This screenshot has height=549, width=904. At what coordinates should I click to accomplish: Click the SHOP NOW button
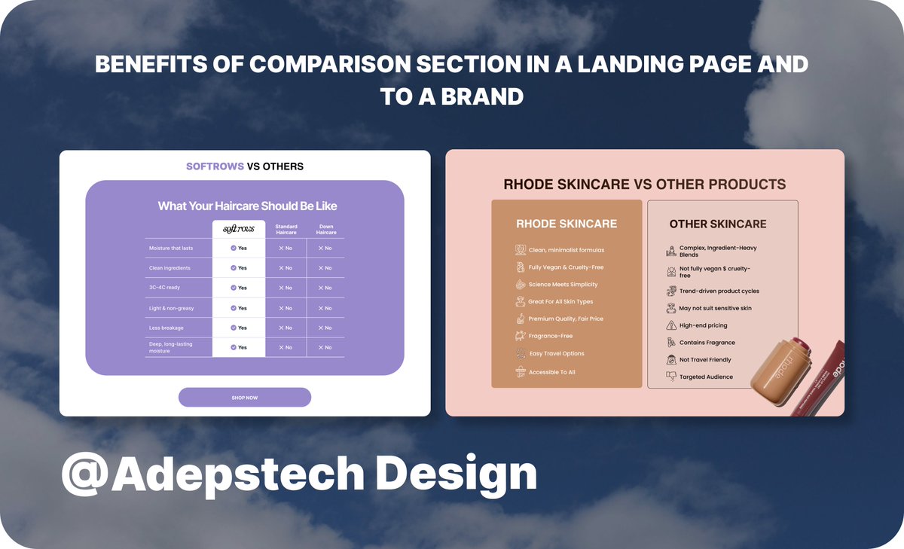[244, 397]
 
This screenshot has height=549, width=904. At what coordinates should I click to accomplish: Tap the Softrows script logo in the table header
[238, 229]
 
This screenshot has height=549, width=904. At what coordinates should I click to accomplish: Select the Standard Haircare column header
[286, 229]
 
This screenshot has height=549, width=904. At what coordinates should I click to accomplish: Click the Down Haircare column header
[325, 229]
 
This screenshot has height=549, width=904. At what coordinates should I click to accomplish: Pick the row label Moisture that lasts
[170, 248]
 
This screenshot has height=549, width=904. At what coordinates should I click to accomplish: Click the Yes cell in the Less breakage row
[239, 328]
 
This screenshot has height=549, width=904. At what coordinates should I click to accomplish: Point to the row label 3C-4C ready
[165, 288]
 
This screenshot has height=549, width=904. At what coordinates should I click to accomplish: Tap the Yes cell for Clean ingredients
[239, 268]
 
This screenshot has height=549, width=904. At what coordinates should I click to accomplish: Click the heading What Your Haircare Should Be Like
[247, 206]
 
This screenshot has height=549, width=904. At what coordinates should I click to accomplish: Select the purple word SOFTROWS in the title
[215, 166]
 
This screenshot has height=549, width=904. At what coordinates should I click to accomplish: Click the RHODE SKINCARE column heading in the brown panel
[566, 224]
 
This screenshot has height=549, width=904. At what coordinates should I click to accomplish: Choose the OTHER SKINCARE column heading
[717, 224]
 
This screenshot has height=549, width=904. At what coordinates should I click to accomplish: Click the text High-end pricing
[703, 325]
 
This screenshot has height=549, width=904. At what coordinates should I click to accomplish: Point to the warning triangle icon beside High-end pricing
[671, 325]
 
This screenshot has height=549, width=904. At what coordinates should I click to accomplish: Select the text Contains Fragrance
[707, 343]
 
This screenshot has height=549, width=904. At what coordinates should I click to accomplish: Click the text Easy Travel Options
[557, 353]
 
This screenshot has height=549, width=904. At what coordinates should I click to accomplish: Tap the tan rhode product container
[779, 369]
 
